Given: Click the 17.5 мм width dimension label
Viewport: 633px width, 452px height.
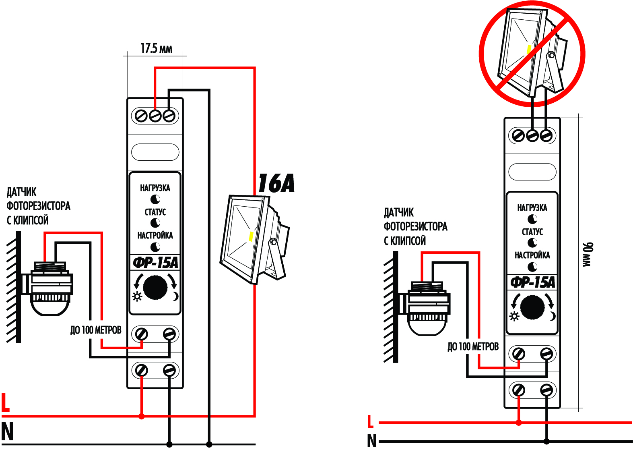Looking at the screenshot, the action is point(156,49).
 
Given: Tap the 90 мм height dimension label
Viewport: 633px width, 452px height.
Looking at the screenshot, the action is point(588,254).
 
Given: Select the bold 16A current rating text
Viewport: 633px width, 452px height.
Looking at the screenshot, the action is point(276,183).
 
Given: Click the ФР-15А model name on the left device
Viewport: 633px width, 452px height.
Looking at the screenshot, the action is point(155,263).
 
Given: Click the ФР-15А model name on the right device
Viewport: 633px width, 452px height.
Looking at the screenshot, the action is point(532,282).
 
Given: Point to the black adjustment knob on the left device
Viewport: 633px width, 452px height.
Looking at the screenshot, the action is point(155,287).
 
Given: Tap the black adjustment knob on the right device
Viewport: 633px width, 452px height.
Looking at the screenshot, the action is point(532,307).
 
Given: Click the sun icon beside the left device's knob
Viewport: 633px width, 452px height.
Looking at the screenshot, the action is point(137,297).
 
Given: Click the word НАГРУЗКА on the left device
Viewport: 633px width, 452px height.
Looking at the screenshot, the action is point(155,188).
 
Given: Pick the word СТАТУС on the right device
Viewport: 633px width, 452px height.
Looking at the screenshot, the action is point(532,232).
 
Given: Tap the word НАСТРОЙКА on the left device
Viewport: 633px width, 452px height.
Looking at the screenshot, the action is point(155,235).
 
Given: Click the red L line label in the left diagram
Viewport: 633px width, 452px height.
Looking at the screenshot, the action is point(5,402).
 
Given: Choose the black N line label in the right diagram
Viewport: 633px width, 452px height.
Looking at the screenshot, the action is point(372,441).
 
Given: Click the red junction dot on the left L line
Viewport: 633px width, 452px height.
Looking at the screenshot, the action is point(142,416).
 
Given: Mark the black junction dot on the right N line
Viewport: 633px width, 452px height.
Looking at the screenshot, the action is point(546,441).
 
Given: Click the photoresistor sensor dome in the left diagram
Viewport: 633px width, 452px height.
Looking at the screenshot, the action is point(50,307).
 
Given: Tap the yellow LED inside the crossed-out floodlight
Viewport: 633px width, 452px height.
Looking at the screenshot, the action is point(529,50).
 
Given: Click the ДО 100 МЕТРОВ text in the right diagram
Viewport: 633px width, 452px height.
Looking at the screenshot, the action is point(473,346).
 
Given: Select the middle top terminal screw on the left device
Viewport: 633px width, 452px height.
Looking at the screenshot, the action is point(155,116).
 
